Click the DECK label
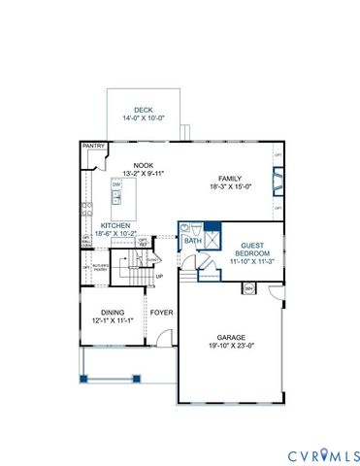(x=144, y=110)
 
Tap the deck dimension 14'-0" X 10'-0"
(x=144, y=118)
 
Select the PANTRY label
(x=93, y=146)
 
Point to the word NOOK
(x=144, y=166)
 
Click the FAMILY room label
(x=230, y=178)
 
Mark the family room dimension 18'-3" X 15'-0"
(x=230, y=186)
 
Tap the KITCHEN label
(x=115, y=225)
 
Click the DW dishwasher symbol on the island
(x=116, y=184)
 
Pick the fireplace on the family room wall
(x=278, y=181)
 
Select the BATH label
(x=192, y=241)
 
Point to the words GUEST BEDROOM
(x=253, y=248)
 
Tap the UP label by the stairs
(x=159, y=276)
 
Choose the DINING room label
(x=112, y=312)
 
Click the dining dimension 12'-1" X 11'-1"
(x=112, y=320)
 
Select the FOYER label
(x=160, y=313)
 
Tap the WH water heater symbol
(x=249, y=288)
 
